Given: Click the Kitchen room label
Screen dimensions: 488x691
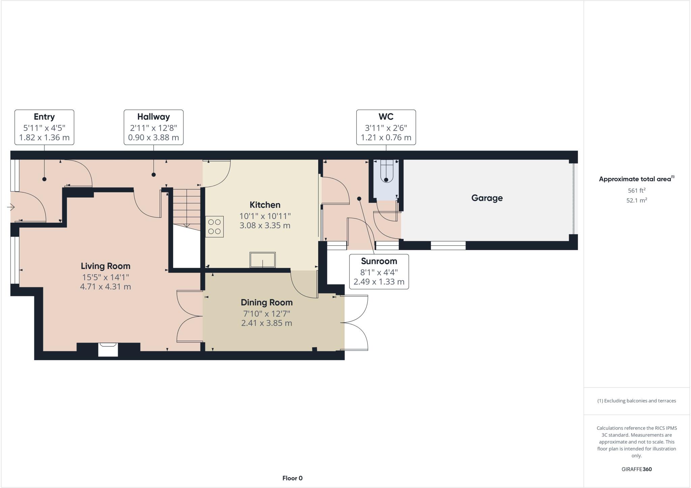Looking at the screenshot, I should (265, 205).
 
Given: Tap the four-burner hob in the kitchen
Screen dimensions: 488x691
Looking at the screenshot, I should (215, 227).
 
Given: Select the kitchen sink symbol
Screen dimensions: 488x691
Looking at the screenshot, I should (262, 260).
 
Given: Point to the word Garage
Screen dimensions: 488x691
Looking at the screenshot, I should (487, 198).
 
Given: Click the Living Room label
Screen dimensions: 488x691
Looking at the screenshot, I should (105, 266).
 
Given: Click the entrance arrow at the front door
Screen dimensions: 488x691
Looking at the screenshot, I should (11, 207).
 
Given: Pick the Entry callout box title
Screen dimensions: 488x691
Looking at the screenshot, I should (44, 117).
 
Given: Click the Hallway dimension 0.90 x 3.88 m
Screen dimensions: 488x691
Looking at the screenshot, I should (154, 138).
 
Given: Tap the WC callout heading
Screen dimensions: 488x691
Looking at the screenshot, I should (386, 117).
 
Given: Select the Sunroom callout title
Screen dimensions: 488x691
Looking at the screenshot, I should (379, 261).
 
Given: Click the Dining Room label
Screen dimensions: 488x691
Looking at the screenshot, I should (267, 302).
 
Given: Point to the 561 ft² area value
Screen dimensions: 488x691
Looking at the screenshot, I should (636, 190).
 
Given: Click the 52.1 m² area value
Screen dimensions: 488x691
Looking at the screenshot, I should (636, 200).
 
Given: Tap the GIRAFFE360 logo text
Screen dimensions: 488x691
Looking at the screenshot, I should (636, 469).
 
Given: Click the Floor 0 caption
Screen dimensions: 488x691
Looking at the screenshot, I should (292, 478).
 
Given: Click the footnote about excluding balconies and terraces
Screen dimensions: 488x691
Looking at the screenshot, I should (636, 401).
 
